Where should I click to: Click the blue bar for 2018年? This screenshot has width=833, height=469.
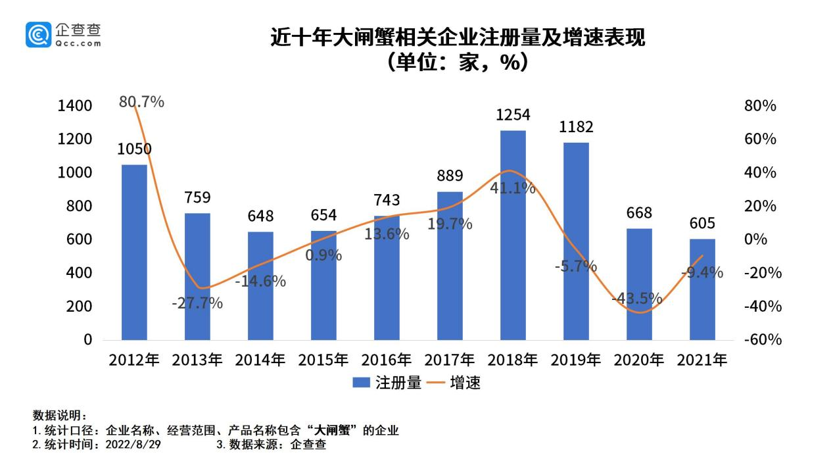coord(513,235)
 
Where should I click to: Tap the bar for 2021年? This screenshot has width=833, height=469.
coord(702,289)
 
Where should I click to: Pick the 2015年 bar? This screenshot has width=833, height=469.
coord(323,285)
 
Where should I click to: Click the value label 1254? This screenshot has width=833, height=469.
coord(513,114)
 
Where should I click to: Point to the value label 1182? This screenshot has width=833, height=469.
coord(576,126)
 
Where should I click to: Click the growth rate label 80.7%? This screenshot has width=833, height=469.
coord(141,102)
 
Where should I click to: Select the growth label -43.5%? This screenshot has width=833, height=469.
coord(636,298)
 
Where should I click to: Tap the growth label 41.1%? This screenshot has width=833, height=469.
coord(513,188)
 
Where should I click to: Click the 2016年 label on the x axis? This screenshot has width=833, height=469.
coord(387,360)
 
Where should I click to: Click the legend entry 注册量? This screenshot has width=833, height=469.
coord(388,383)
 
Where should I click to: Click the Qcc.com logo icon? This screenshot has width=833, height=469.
coord(38,34)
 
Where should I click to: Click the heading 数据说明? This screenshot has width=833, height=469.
coord(59,416)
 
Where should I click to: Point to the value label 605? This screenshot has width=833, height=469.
coord(702,223)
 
